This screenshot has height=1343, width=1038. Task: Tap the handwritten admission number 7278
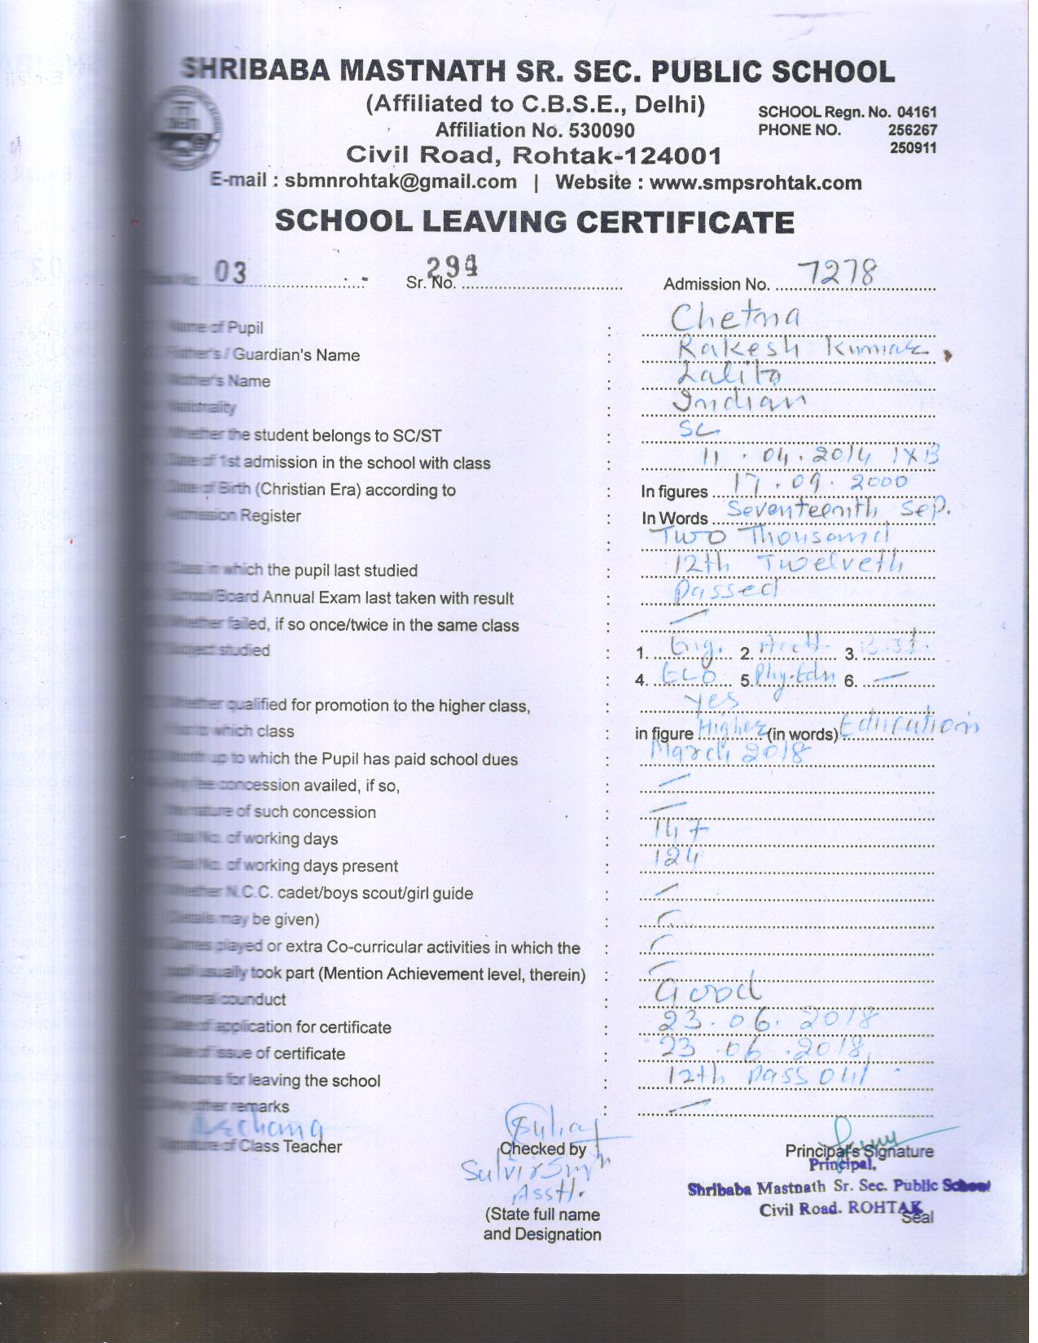(837, 273)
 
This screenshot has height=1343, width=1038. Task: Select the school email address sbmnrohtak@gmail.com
(401, 182)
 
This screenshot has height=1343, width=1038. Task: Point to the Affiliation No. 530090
(534, 130)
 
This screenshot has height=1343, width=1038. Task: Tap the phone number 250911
(913, 148)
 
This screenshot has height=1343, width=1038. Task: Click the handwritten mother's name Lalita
(729, 374)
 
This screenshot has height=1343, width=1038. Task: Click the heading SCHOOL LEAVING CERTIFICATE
(534, 221)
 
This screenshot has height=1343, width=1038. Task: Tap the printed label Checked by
(542, 1149)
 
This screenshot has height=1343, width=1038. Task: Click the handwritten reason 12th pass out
(768, 1076)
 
